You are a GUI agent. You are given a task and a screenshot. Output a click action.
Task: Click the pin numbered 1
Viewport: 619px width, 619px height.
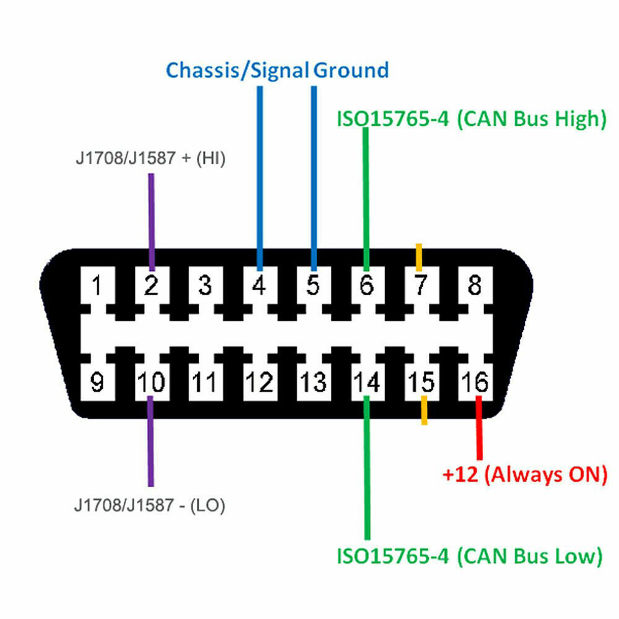tap(97, 286)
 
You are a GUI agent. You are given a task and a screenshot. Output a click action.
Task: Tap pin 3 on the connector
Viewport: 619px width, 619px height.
tap(205, 286)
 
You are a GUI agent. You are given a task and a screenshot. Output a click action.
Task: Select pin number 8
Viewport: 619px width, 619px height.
tap(475, 286)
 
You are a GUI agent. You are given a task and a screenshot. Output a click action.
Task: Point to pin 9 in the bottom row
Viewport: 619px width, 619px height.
tap(97, 382)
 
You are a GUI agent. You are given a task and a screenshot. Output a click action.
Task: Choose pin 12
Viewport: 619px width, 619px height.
tap(259, 382)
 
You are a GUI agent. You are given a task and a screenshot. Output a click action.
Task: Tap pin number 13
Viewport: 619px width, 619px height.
tap(313, 382)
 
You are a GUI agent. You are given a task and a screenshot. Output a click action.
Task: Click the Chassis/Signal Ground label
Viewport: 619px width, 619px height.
tap(277, 71)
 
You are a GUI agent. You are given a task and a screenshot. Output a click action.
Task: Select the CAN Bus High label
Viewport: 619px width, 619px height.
tap(471, 119)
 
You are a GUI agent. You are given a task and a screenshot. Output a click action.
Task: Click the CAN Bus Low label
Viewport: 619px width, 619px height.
tap(470, 556)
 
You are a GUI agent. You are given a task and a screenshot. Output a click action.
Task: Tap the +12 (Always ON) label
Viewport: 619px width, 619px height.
tap(524, 475)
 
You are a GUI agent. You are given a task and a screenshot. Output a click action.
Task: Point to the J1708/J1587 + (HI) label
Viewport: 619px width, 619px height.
tap(151, 158)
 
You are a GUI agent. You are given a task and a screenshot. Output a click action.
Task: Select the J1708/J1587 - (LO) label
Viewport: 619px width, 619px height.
tap(150, 506)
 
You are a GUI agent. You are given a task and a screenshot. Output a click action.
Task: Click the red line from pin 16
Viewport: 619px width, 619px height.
tap(479, 429)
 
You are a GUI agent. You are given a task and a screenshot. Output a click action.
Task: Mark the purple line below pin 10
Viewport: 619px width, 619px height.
tap(151, 442)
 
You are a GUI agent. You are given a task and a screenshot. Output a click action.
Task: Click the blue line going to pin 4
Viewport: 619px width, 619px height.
tap(260, 177)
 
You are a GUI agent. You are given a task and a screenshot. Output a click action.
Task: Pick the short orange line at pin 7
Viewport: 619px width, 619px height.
tap(419, 257)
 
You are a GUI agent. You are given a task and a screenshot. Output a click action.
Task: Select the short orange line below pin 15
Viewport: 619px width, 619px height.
tap(424, 410)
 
